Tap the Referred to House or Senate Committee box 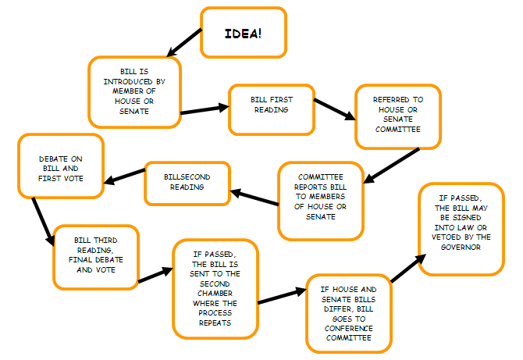click(397, 116)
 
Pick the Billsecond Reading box click(188, 182)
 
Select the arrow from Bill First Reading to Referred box click(333, 109)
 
